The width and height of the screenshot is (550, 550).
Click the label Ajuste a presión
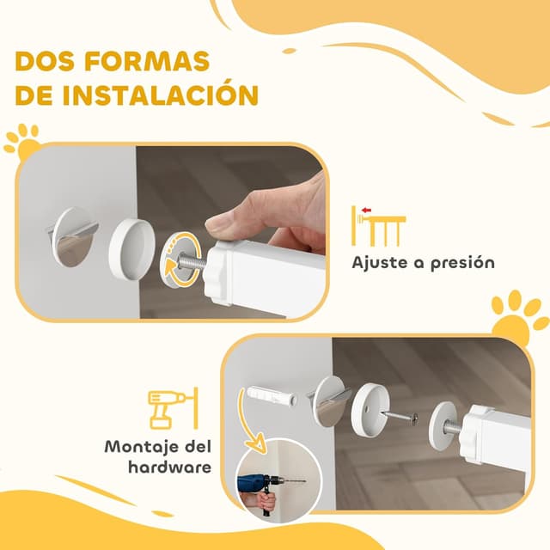click(423, 262)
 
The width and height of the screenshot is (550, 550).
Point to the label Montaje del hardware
click(157, 457)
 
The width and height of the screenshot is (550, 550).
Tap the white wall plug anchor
click(272, 397)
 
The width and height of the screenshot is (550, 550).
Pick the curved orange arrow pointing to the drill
click(248, 429)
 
